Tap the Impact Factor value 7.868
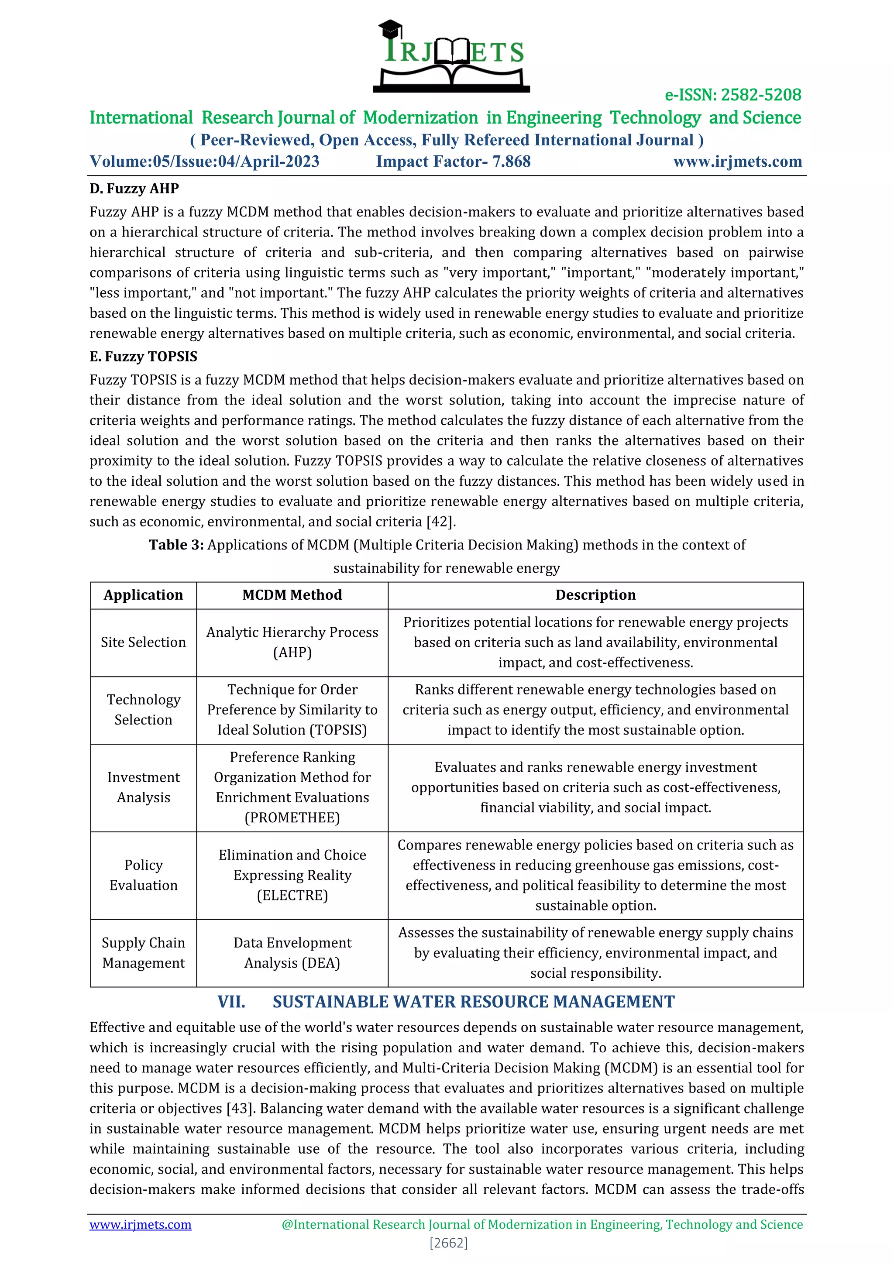click(x=512, y=161)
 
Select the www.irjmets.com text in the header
click(x=737, y=161)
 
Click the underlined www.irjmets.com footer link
click(x=141, y=1224)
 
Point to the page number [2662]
click(x=448, y=1243)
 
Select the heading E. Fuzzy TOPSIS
click(x=143, y=356)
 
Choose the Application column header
click(x=143, y=594)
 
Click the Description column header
click(x=595, y=594)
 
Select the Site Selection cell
click(x=143, y=642)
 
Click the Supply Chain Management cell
click(x=143, y=952)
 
